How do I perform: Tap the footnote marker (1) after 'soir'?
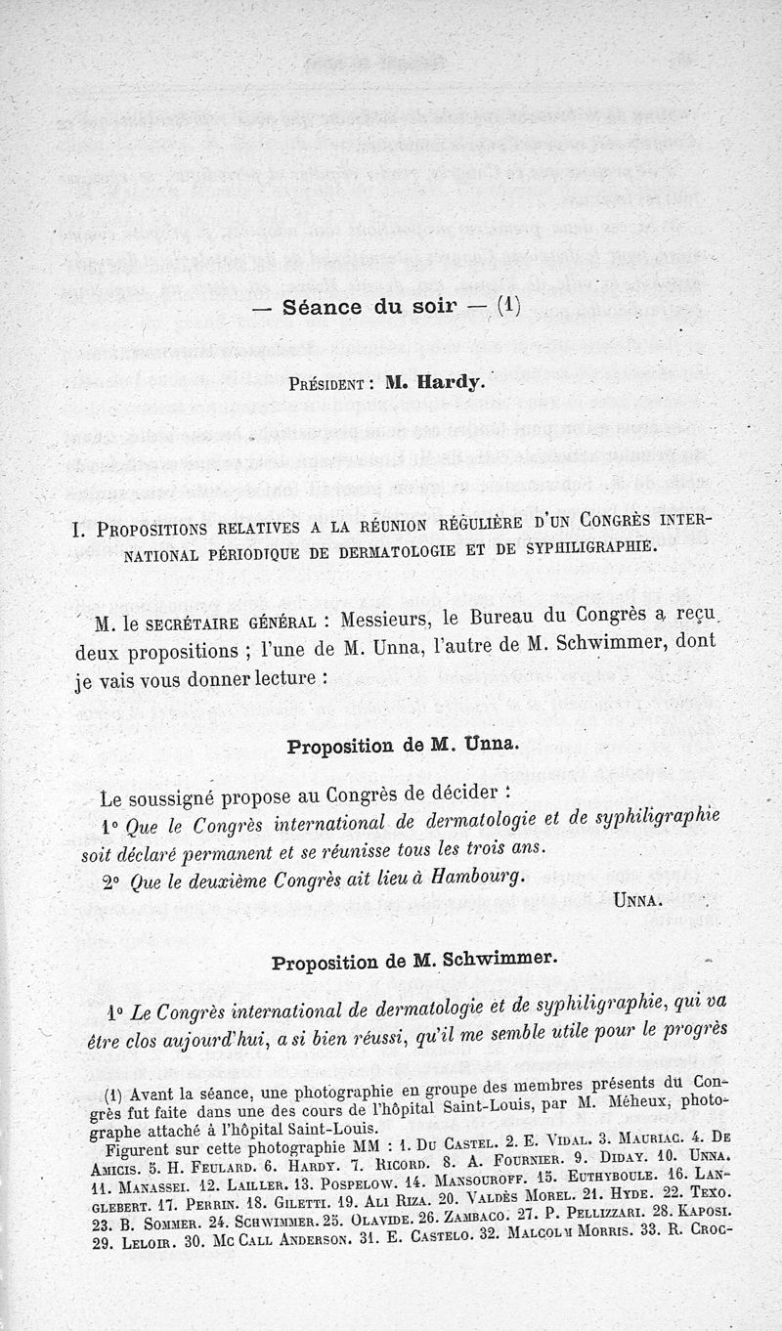tap(508, 305)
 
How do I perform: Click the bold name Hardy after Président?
tap(448, 382)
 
